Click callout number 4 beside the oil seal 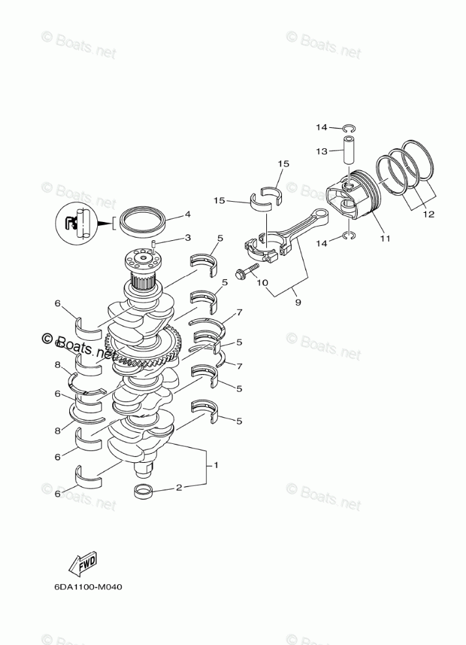tap(187, 213)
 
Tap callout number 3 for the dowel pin tap(187, 238)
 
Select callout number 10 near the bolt tap(263, 283)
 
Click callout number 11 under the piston tap(385, 238)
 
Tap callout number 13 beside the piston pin tap(321, 151)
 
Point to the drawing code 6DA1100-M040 tap(89, 586)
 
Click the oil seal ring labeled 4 tap(142, 219)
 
